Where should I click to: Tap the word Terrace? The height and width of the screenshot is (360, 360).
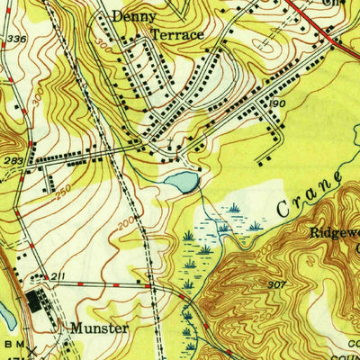[177, 35]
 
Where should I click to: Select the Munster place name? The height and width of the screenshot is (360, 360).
[98, 329]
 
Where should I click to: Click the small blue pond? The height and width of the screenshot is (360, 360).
[182, 182]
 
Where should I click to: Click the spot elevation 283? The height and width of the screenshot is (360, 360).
[13, 162]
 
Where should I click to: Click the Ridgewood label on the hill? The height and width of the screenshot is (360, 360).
[335, 232]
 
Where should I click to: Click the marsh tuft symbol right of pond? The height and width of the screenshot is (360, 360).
[234, 208]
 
